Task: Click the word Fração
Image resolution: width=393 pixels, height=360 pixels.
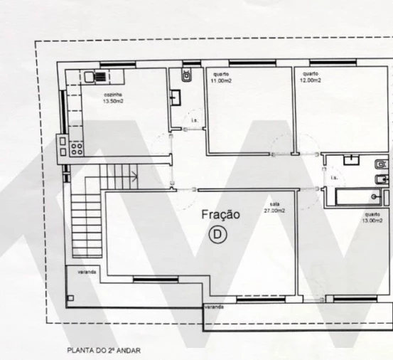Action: [x=221, y=214]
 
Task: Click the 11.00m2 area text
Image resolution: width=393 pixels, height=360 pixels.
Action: [x=219, y=80]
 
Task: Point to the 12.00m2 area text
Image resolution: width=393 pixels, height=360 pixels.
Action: [x=311, y=80]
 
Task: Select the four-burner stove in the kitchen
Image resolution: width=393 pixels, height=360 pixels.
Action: [x=76, y=150]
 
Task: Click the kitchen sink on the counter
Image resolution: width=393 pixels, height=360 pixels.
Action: [x=89, y=76]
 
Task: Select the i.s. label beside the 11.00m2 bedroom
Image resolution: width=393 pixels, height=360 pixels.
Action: [x=195, y=120]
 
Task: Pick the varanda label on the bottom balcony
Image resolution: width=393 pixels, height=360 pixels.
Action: [x=214, y=307]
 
